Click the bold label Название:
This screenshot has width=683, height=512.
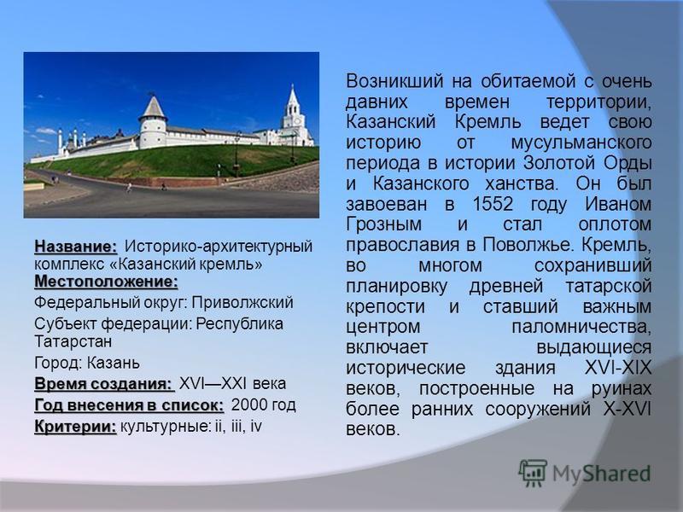click(x=76, y=247)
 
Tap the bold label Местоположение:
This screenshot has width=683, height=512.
click(x=106, y=282)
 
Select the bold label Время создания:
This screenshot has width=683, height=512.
click(x=104, y=384)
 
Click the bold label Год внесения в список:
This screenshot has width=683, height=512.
click(x=130, y=405)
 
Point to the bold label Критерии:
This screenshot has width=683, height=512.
click(x=76, y=427)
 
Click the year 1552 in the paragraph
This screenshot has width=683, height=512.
click(x=493, y=204)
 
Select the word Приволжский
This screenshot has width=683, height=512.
click(x=242, y=303)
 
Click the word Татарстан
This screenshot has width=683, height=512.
click(x=73, y=341)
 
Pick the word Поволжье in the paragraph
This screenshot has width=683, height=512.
click(x=528, y=245)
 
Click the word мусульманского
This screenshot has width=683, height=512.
click(x=581, y=143)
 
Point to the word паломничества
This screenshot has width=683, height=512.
click(x=581, y=327)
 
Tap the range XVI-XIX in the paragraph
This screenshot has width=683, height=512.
click(x=618, y=368)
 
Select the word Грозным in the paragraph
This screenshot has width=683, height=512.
click(x=384, y=224)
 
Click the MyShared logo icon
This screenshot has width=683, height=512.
click(x=532, y=473)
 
